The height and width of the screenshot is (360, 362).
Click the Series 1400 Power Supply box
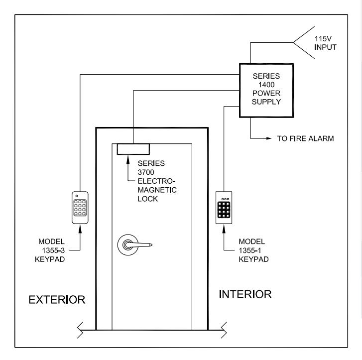click(x=266, y=91)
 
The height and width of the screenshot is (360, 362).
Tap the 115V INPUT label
click(x=325, y=43)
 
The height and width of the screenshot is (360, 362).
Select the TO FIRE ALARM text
click(x=305, y=138)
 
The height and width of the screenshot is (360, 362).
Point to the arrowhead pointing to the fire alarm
click(x=269, y=138)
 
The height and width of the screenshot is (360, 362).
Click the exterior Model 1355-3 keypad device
click(x=80, y=208)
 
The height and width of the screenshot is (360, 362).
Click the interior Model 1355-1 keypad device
click(x=224, y=208)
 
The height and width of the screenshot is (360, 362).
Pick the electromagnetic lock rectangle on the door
click(x=133, y=149)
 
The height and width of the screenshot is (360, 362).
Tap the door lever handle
click(x=135, y=245)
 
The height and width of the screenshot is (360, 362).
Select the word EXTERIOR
click(x=57, y=300)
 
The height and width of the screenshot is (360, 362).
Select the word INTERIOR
click(x=245, y=294)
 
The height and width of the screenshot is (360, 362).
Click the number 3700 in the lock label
click(x=146, y=172)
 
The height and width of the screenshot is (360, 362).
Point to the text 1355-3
click(x=53, y=250)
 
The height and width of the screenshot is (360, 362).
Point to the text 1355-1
click(x=250, y=250)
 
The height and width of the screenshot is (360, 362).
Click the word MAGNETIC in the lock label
click(x=157, y=190)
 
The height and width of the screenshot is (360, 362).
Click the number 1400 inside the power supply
click(x=266, y=85)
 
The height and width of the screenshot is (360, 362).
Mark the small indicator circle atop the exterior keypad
click(x=77, y=196)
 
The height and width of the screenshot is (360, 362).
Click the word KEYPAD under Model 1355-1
click(x=253, y=259)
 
